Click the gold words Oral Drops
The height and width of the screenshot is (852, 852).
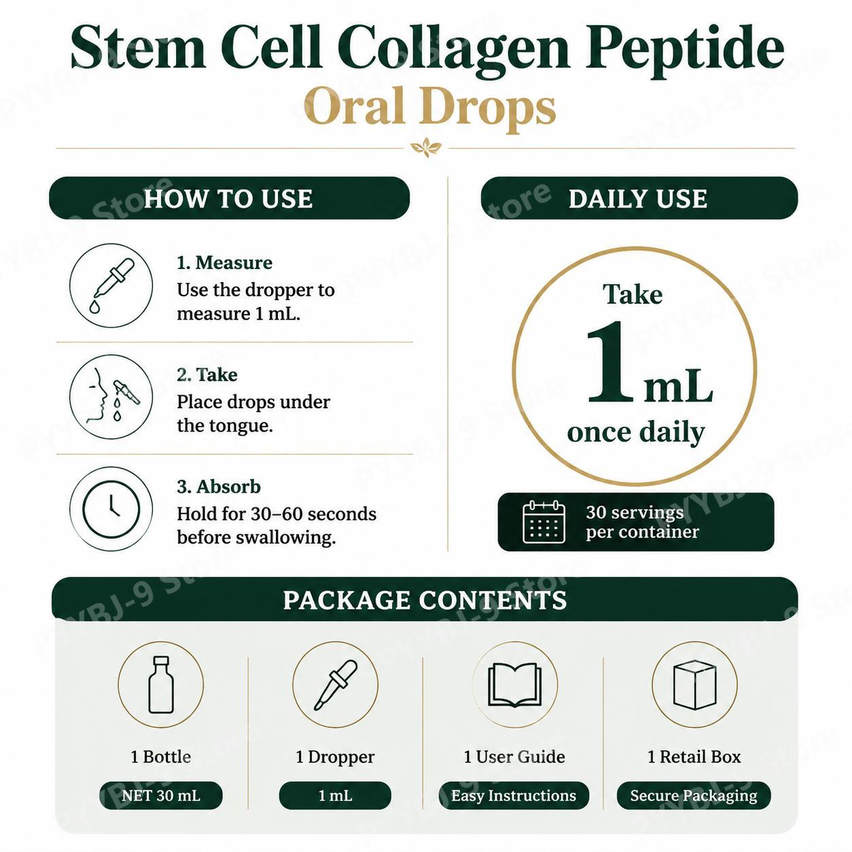[429, 108]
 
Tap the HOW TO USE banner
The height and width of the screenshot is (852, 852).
[229, 198]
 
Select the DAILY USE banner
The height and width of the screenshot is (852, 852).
[639, 198]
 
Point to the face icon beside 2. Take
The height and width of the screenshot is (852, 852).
[111, 397]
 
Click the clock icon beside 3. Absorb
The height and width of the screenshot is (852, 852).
[111, 509]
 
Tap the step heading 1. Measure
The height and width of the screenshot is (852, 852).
[224, 263]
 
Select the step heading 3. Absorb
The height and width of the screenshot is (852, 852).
[218, 486]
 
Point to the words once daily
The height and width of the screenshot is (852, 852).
[635, 432]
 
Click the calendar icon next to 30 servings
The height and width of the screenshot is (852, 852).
[544, 522]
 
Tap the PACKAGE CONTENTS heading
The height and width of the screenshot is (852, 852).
[425, 600]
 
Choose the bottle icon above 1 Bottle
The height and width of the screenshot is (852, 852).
[160, 684]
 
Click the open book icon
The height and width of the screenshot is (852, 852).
[514, 684]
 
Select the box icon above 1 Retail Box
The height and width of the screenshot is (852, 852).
[694, 684]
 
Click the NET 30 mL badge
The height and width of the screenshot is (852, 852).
[161, 796]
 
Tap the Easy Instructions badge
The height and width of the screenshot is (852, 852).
[514, 796]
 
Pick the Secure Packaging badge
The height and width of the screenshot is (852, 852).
[694, 796]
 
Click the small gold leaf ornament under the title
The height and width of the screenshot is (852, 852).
[426, 147]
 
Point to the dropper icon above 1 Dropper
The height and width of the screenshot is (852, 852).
[336, 684]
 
